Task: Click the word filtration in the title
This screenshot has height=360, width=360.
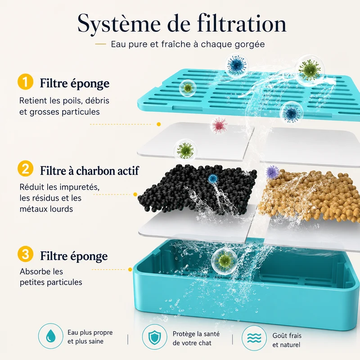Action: coord(242,23)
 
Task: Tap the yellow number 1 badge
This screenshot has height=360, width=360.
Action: coord(26,81)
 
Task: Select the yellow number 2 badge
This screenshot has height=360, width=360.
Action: coord(26,168)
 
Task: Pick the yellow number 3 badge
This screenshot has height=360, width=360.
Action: coord(26,254)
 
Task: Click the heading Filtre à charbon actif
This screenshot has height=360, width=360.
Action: coord(90,171)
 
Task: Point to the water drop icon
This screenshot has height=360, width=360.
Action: coord(50,336)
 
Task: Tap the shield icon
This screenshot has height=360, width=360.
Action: coord(154,337)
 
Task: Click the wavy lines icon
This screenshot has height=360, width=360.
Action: coord(254,338)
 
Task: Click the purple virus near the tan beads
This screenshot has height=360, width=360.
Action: coord(272,172)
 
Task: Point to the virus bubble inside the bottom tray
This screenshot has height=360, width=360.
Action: coord(225,261)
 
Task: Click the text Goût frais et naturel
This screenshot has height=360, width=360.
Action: coord(287,340)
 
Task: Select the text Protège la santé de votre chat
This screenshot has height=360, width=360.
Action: coord(196,338)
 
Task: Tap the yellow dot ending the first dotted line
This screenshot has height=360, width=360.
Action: coord(159,124)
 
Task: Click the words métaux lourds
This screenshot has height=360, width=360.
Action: coord(46,209)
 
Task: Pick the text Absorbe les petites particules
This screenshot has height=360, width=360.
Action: coord(51,277)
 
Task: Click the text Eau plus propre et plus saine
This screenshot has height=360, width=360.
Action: coord(90,337)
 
